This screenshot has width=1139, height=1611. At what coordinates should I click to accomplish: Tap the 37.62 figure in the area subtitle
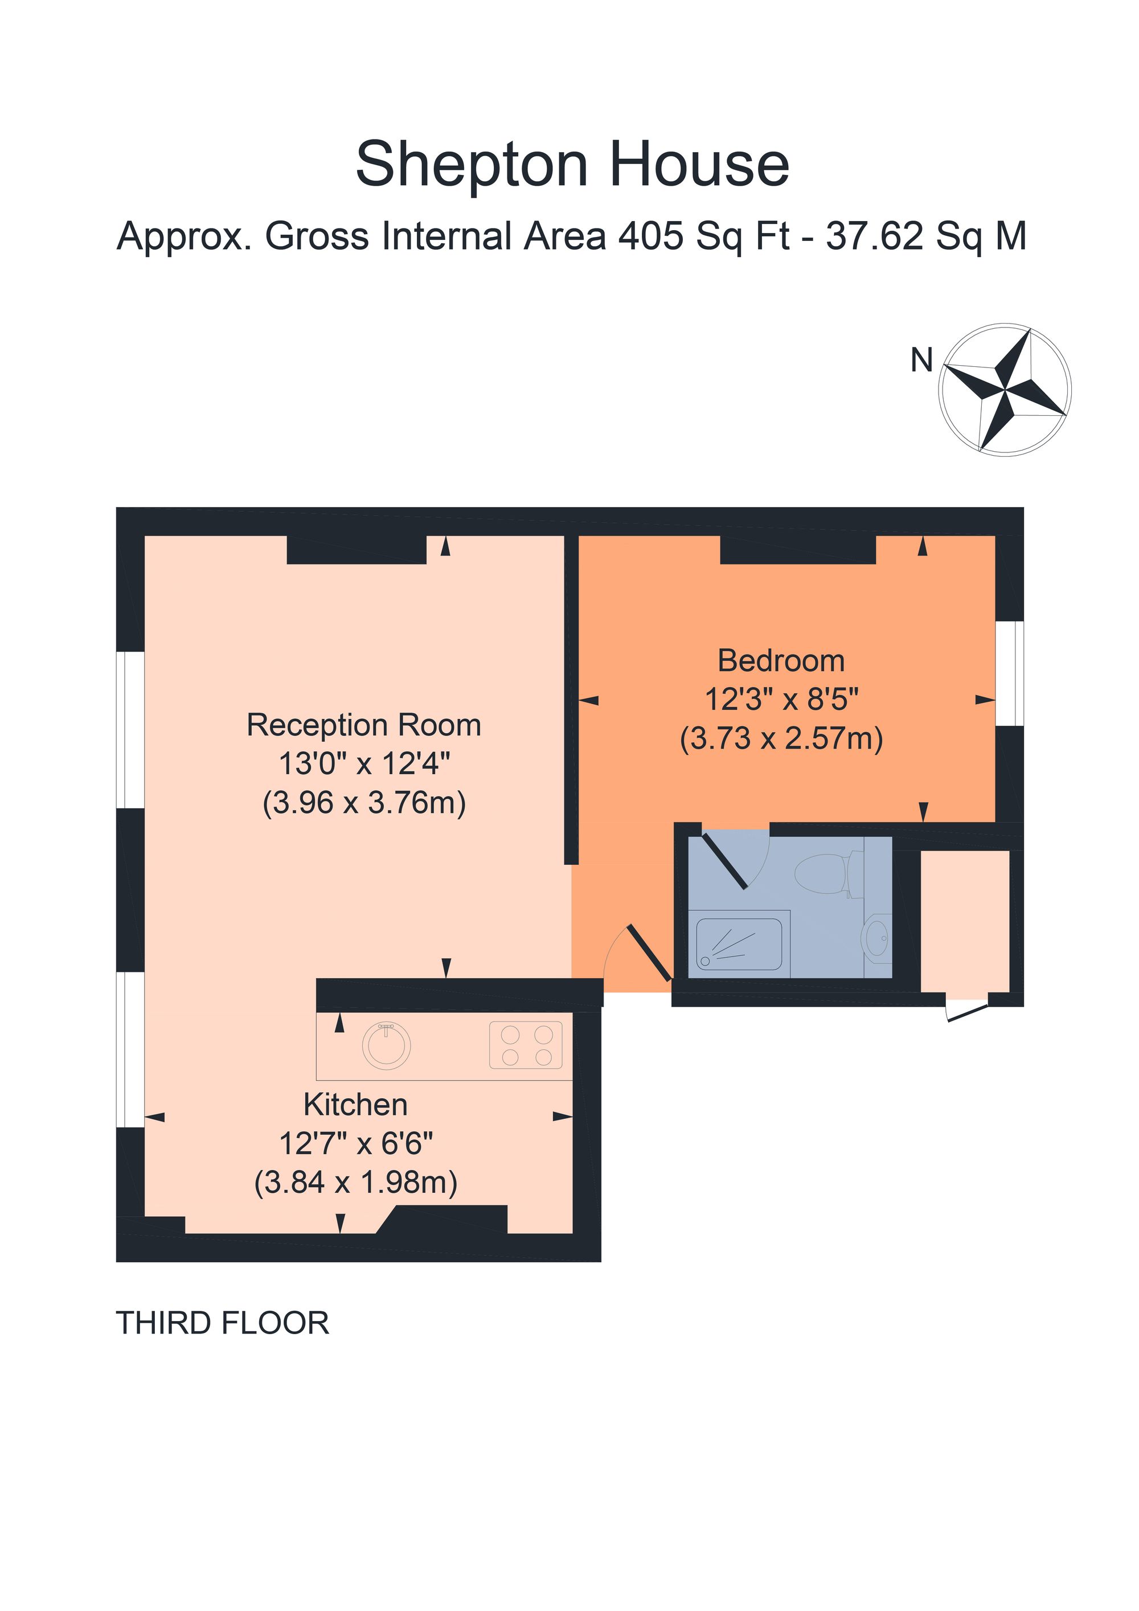(874, 236)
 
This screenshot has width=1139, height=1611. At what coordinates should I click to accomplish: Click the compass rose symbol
(1005, 390)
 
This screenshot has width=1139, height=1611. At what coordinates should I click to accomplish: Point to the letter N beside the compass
(921, 361)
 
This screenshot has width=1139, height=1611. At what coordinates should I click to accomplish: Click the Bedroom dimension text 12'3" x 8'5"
(781, 700)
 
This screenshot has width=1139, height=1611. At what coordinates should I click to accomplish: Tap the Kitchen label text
(355, 1105)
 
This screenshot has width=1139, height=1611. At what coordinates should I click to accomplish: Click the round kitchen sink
(387, 1045)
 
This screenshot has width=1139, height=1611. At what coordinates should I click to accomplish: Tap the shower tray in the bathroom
(739, 944)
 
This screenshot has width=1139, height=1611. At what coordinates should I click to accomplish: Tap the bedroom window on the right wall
(1009, 673)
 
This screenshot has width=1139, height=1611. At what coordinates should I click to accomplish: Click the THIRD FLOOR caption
(222, 1323)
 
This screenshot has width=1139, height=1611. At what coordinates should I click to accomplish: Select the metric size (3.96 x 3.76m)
(363, 803)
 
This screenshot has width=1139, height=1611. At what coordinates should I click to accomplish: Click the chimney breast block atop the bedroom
(797, 550)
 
